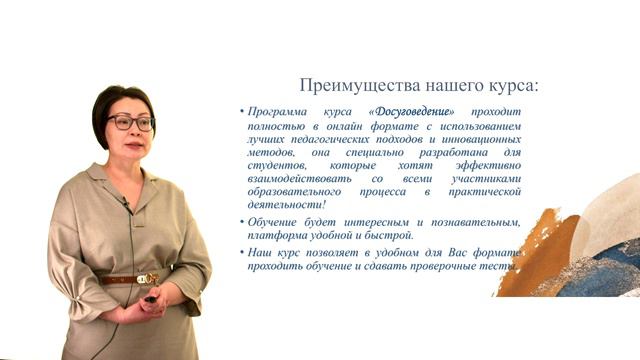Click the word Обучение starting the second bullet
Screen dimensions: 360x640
click(x=280, y=221)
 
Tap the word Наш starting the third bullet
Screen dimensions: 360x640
click(x=263, y=252)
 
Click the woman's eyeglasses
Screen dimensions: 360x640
click(x=130, y=123)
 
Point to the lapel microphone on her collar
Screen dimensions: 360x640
click(x=126, y=204)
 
